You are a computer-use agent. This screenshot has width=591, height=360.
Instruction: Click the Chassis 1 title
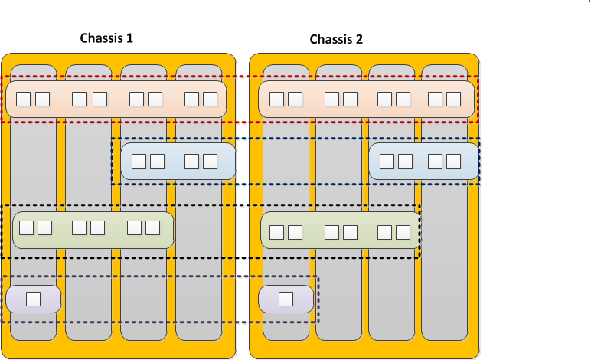pyautogui.click(x=107, y=38)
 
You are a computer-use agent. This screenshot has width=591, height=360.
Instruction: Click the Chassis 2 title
pyautogui.click(x=336, y=39)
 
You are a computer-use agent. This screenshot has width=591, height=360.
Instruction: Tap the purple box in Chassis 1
pyautogui.click(x=34, y=299)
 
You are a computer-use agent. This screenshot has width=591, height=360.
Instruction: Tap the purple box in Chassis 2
pyautogui.click(x=286, y=299)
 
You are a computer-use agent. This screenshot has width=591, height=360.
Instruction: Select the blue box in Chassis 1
pyautogui.click(x=178, y=161)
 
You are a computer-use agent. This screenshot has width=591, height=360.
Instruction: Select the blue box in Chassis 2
pyautogui.click(x=424, y=161)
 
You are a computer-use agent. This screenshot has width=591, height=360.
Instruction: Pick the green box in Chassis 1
pyautogui.click(x=93, y=230)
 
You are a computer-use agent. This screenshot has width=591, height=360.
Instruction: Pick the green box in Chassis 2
pyautogui.click(x=341, y=231)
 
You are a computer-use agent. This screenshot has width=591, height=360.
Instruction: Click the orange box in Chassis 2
pyautogui.click(x=366, y=100)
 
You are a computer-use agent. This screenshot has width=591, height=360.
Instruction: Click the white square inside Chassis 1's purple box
pyautogui.click(x=34, y=299)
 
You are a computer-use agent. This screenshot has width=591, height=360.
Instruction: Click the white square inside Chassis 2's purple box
pyautogui.click(x=286, y=299)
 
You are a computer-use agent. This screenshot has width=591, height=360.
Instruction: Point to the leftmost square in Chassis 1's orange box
pyautogui.click(x=24, y=99)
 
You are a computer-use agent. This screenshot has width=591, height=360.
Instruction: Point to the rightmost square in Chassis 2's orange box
pyautogui.click(x=453, y=99)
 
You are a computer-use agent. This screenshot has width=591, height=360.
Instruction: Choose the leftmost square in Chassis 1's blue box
pyautogui.click(x=139, y=161)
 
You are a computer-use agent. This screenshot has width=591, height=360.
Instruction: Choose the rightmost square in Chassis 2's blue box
pyautogui.click(x=453, y=161)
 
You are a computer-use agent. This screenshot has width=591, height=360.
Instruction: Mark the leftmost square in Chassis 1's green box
pyautogui.click(x=26, y=227)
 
